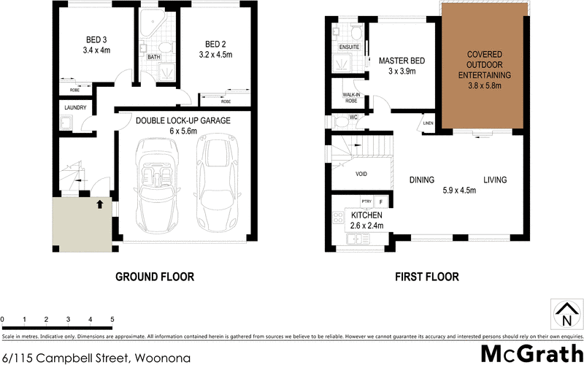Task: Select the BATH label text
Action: pos(154,56)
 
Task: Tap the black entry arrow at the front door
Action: pos(99,204)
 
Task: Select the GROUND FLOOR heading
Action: pos(155,277)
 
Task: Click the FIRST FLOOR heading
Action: pos(427,277)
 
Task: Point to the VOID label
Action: pos(361,174)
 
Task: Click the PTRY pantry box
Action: pos(366,201)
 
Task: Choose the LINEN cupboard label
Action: pos(429,123)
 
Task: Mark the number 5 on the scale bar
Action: pos(112,319)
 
